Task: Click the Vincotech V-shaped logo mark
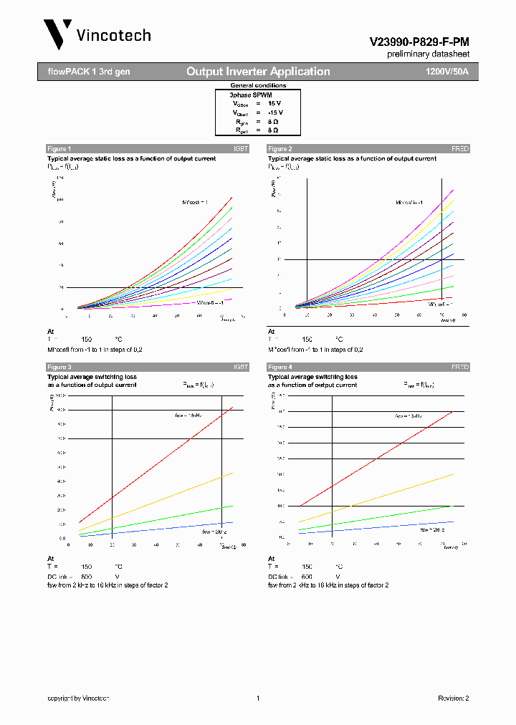click(57, 34)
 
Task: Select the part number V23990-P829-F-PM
click(419, 42)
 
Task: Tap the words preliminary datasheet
click(428, 54)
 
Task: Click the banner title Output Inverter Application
click(258, 72)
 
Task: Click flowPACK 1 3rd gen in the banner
click(84, 72)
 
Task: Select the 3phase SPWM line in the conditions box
click(250, 95)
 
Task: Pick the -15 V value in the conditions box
click(275, 112)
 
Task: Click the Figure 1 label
click(59, 149)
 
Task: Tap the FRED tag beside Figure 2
click(459, 149)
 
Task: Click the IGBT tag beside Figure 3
click(240, 367)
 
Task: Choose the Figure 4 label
click(279, 367)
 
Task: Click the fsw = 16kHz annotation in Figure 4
click(408, 416)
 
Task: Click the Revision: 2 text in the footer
click(453, 698)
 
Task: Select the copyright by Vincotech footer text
click(78, 698)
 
